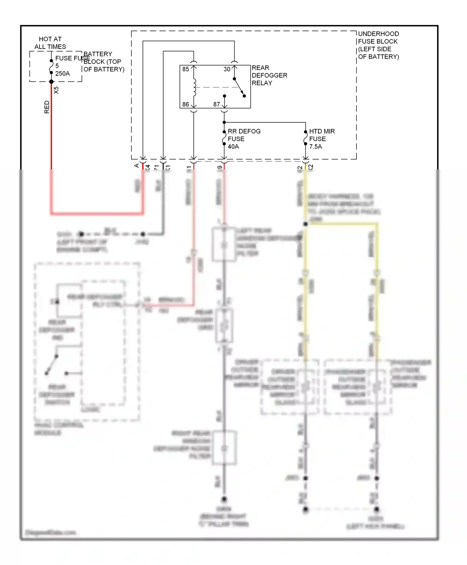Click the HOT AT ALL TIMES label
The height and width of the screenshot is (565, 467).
tap(50, 43)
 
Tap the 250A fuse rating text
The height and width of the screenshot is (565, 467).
tap(63, 74)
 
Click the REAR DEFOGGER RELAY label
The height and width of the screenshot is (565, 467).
tap(269, 75)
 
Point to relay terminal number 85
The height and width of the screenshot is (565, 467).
tap(186, 69)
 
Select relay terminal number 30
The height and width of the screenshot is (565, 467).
tap(227, 69)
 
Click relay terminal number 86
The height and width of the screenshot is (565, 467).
tap(186, 104)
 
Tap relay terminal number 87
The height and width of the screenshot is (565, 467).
tap(217, 104)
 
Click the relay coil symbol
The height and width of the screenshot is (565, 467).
tap(195, 87)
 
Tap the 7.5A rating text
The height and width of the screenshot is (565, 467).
tap(315, 146)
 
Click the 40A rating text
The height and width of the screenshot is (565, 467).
tap(233, 146)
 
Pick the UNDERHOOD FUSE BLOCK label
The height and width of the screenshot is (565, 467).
tap(378, 45)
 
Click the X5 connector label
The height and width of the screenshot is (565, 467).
tap(56, 90)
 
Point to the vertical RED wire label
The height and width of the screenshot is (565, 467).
tap(47, 107)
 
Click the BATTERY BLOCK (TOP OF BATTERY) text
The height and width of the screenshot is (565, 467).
tap(104, 62)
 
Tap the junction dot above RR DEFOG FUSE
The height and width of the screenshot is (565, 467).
tap(224, 122)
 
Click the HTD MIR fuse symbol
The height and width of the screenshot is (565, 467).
tap(305, 138)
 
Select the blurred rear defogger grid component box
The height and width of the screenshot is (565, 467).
tap(224, 325)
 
